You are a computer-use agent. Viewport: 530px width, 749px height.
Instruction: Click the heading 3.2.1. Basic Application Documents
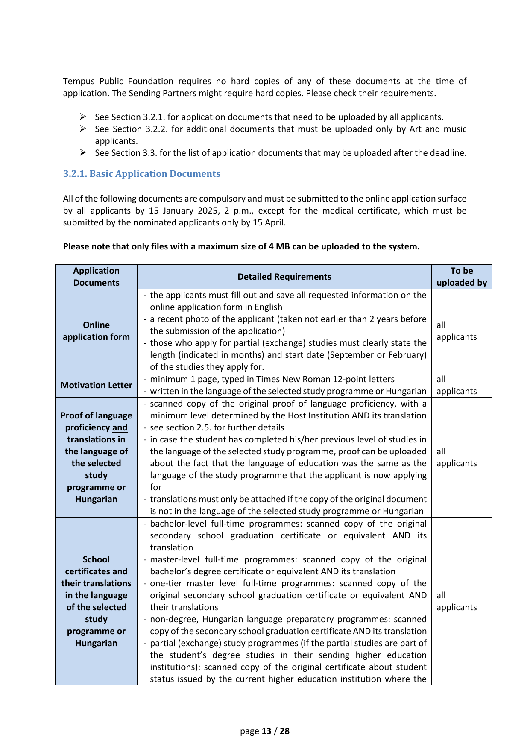click(141, 174)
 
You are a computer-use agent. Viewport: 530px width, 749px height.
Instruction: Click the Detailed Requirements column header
click(284, 277)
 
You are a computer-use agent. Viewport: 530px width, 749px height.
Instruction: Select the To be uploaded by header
click(461, 277)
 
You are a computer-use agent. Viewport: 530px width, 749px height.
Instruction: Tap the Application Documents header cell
click(96, 277)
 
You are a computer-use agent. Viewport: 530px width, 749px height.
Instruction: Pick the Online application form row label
click(96, 331)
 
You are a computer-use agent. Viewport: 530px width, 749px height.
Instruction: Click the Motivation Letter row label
click(96, 385)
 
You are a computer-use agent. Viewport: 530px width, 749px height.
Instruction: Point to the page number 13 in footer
click(266, 731)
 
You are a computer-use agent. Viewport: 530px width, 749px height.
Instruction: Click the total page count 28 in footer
click(284, 731)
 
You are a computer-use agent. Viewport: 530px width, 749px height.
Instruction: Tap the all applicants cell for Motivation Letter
click(456, 385)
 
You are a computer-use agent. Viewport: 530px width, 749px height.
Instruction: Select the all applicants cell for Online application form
click(456, 331)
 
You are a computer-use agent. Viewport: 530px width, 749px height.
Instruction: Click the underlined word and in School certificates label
click(120, 571)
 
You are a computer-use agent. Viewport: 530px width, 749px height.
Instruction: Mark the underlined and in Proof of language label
click(120, 427)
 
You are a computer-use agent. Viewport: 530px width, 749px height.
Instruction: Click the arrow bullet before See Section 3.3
click(83, 153)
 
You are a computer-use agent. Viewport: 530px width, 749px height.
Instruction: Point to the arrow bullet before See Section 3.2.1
click(83, 117)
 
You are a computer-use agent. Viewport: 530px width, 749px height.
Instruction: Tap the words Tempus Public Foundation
click(118, 81)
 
